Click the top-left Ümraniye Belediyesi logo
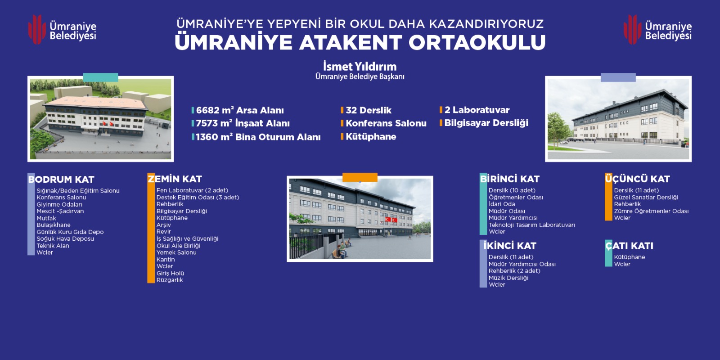point(63,30)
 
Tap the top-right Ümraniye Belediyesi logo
point(657,30)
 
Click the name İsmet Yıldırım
point(360,67)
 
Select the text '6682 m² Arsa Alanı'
point(240,110)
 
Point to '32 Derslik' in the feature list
point(369,110)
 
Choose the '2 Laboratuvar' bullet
point(477,110)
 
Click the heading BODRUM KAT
point(61,180)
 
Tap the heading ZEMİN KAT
point(175,179)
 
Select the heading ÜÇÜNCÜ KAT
point(637,179)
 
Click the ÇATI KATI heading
point(630,246)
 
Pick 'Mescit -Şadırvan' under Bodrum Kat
point(60,211)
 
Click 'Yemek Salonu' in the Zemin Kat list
point(176,252)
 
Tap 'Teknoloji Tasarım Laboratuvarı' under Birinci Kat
point(532,225)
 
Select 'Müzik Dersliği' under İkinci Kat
point(508,278)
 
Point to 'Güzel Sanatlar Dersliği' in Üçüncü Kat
point(646,198)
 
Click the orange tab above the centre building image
point(360,177)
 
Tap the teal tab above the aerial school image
point(101,77)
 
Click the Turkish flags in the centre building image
point(391,220)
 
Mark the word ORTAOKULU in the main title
point(477,42)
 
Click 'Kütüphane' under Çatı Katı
point(630,257)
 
